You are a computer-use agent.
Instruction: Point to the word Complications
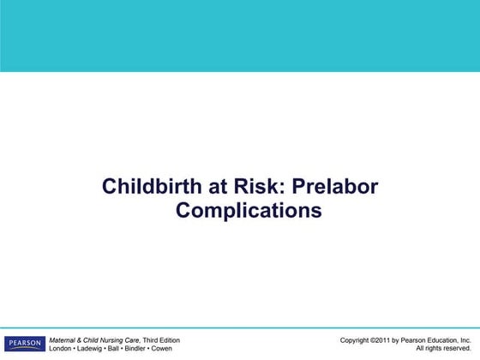pyautogui.click(x=249, y=210)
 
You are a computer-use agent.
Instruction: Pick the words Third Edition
pyautogui.click(x=161, y=340)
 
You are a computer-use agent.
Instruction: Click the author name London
pyautogui.click(x=63, y=349)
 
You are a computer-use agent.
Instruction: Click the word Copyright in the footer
pyautogui.click(x=356, y=340)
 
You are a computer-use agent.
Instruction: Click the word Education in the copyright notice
pyautogui.click(x=441, y=340)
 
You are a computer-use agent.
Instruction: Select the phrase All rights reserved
pyautogui.click(x=443, y=349)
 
